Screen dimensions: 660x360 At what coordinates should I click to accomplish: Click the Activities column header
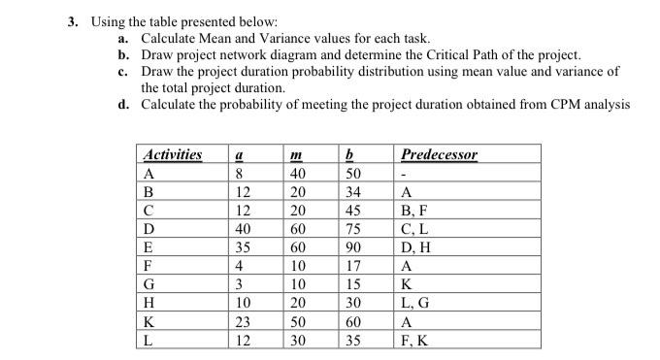(173, 154)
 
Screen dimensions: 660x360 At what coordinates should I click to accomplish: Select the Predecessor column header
(439, 154)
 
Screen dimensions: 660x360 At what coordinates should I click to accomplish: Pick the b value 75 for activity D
(353, 228)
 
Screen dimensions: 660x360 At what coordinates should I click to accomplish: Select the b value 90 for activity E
(353, 246)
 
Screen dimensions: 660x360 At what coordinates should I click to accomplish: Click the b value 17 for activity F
(353, 265)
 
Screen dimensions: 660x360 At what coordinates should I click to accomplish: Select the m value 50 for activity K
(299, 322)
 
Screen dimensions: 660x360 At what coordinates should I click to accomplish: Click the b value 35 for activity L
(353, 341)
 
